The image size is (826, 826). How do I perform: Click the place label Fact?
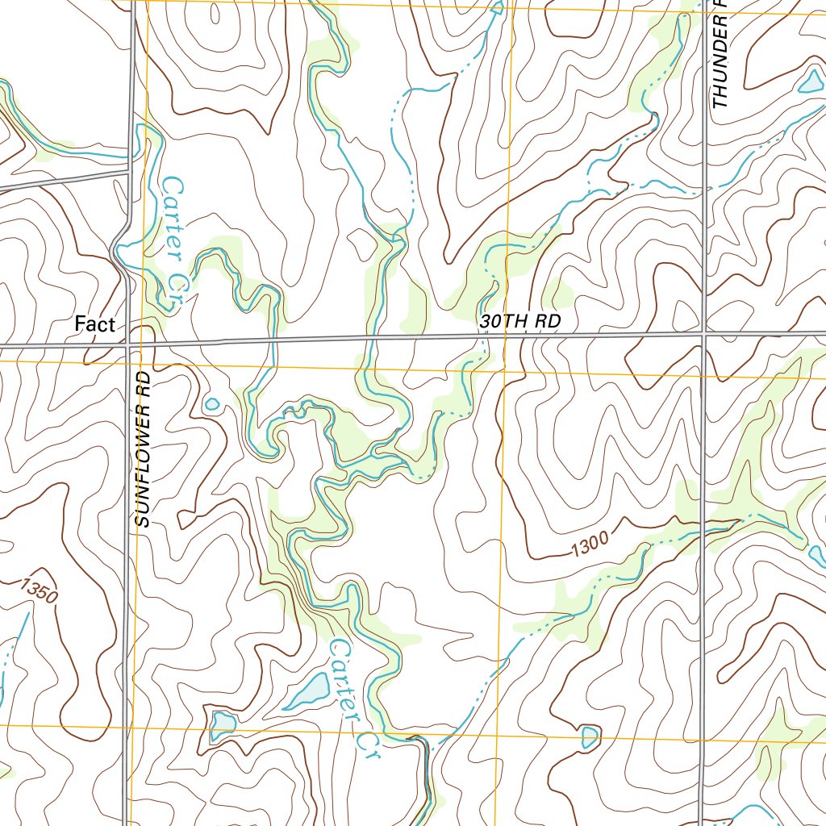coord(95,324)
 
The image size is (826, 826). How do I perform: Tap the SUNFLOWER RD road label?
coord(144,449)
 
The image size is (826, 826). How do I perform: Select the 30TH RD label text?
coord(519,321)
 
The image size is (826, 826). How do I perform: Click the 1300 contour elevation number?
coord(588,549)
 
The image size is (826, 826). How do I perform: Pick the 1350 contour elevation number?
coord(40,591)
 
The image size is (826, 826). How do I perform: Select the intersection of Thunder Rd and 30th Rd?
coord(705,332)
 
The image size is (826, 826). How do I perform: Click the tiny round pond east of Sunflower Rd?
coord(212,403)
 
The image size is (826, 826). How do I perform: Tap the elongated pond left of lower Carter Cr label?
coord(307,691)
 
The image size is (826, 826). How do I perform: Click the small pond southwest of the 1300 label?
coord(590,736)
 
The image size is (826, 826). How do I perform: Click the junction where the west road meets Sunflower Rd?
coord(128,172)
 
